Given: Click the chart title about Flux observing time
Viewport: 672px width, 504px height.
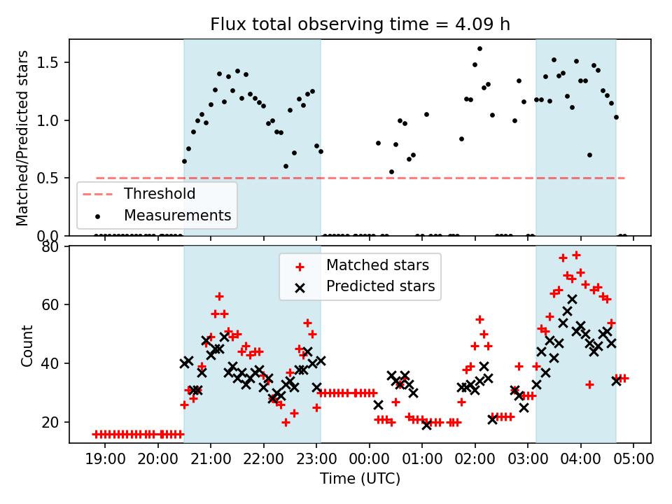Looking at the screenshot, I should [x=360, y=24].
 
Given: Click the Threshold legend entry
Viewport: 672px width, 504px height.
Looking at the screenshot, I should [x=160, y=193].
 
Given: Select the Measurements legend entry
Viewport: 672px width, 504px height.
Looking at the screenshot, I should [x=177, y=215].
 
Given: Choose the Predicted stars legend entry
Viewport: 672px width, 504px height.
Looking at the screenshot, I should [x=380, y=286].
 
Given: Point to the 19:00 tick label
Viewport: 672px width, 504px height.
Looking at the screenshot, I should [x=105, y=459].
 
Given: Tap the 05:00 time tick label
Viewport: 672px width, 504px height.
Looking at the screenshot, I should [x=633, y=459].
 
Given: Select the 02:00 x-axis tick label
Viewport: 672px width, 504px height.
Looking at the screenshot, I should [x=475, y=459].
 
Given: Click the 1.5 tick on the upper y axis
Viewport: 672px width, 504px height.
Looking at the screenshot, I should [x=52, y=63].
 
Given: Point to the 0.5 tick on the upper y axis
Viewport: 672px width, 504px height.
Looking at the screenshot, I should [x=52, y=178].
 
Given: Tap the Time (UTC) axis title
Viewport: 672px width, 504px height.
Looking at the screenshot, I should [x=360, y=479].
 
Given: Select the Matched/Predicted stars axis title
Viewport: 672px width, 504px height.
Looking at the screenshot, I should [x=22, y=138].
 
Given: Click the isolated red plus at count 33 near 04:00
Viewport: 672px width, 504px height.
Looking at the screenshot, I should [x=589, y=384].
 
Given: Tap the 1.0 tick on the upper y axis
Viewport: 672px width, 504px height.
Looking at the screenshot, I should [x=52, y=120].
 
